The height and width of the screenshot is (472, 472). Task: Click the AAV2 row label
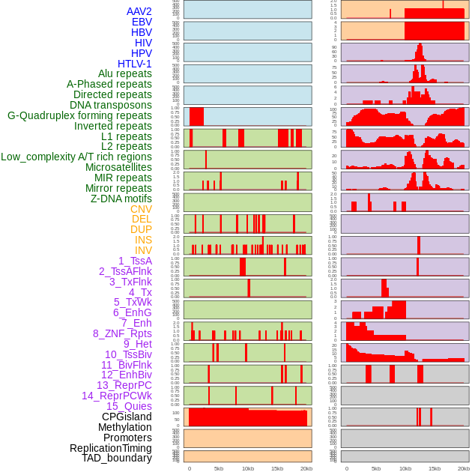tap(139, 11)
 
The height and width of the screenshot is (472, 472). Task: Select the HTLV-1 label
tap(134, 64)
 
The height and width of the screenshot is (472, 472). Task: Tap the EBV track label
tap(142, 22)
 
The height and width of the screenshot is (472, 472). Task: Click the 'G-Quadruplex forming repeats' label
tap(79, 115)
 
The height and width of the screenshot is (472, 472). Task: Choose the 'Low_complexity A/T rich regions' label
tap(76, 157)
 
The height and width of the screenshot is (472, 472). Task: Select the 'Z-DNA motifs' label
tap(121, 199)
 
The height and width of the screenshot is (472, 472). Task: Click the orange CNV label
tap(141, 209)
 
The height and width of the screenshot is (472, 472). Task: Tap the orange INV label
tap(143, 250)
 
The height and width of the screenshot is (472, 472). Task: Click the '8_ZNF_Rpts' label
tap(122, 333)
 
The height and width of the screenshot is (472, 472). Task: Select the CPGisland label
tap(127, 417)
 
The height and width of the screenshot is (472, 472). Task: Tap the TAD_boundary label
tap(117, 458)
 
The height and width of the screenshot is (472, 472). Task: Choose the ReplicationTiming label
tap(110, 448)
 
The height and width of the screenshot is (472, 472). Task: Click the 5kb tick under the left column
tap(219, 468)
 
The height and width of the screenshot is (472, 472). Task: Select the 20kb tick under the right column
tap(464, 468)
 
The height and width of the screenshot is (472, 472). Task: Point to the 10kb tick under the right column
tap(405, 468)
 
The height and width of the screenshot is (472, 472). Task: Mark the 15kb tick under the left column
tap(276, 468)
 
